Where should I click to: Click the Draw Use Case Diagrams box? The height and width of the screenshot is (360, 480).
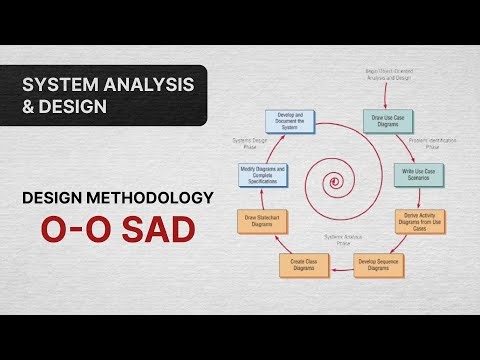point(388,122)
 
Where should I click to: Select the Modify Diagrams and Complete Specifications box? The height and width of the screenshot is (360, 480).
point(261,172)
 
